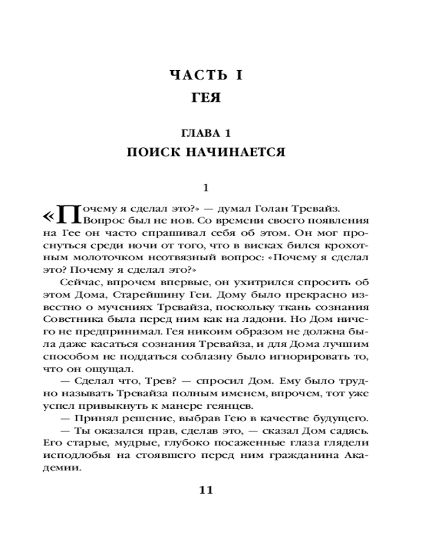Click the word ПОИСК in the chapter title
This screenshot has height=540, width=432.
pos(153,152)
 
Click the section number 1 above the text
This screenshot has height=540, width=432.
pos(205,188)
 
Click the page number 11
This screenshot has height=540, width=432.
pos(207,490)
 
